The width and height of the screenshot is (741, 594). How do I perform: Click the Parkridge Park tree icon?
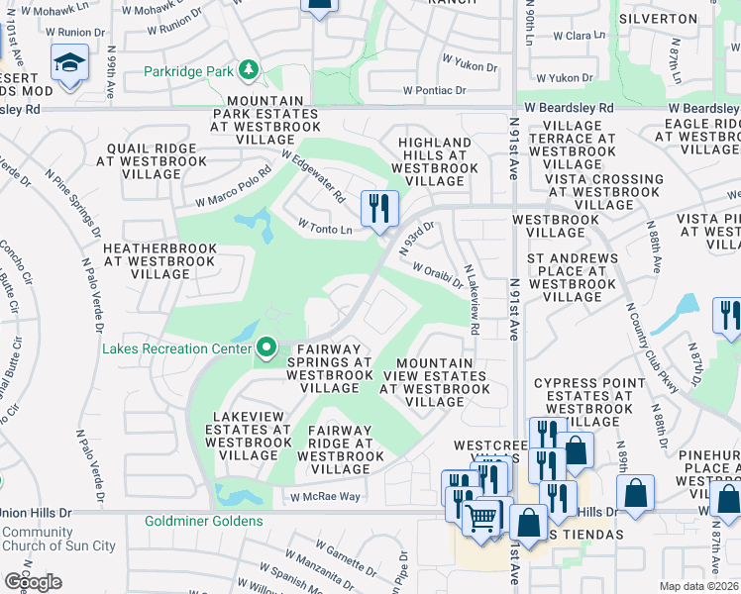(x=252, y=70)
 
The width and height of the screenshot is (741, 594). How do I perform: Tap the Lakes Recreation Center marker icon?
(x=265, y=347)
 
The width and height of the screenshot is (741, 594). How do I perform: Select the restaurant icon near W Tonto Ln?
(x=379, y=209)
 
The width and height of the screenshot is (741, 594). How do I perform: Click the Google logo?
(x=33, y=582)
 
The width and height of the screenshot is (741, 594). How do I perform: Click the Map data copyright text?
(x=699, y=586)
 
